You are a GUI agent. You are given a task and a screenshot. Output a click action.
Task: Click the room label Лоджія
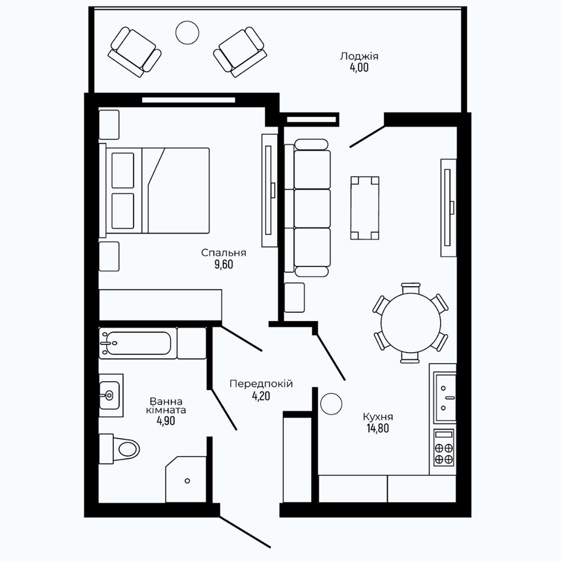(359, 56)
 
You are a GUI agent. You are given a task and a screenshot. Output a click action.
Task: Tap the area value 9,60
(224, 265)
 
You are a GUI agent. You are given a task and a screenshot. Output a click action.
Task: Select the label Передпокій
(261, 384)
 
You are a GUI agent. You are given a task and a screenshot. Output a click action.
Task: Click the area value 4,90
(166, 421)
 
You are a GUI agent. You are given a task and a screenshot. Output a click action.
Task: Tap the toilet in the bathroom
(119, 449)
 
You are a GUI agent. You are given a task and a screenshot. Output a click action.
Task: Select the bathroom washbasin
(110, 395)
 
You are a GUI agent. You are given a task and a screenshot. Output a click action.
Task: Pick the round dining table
(411, 323)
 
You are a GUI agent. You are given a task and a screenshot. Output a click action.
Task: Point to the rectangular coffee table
(365, 208)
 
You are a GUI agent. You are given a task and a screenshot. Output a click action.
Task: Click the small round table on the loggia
(187, 33)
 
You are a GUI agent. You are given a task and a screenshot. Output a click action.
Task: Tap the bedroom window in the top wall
(188, 100)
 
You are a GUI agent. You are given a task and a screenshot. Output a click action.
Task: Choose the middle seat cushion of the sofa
(312, 208)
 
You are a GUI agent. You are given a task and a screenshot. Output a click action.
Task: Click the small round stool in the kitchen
(331, 404)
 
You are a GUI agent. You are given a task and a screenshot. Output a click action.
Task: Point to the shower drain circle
(187, 481)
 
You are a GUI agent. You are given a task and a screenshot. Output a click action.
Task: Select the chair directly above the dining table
(411, 288)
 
